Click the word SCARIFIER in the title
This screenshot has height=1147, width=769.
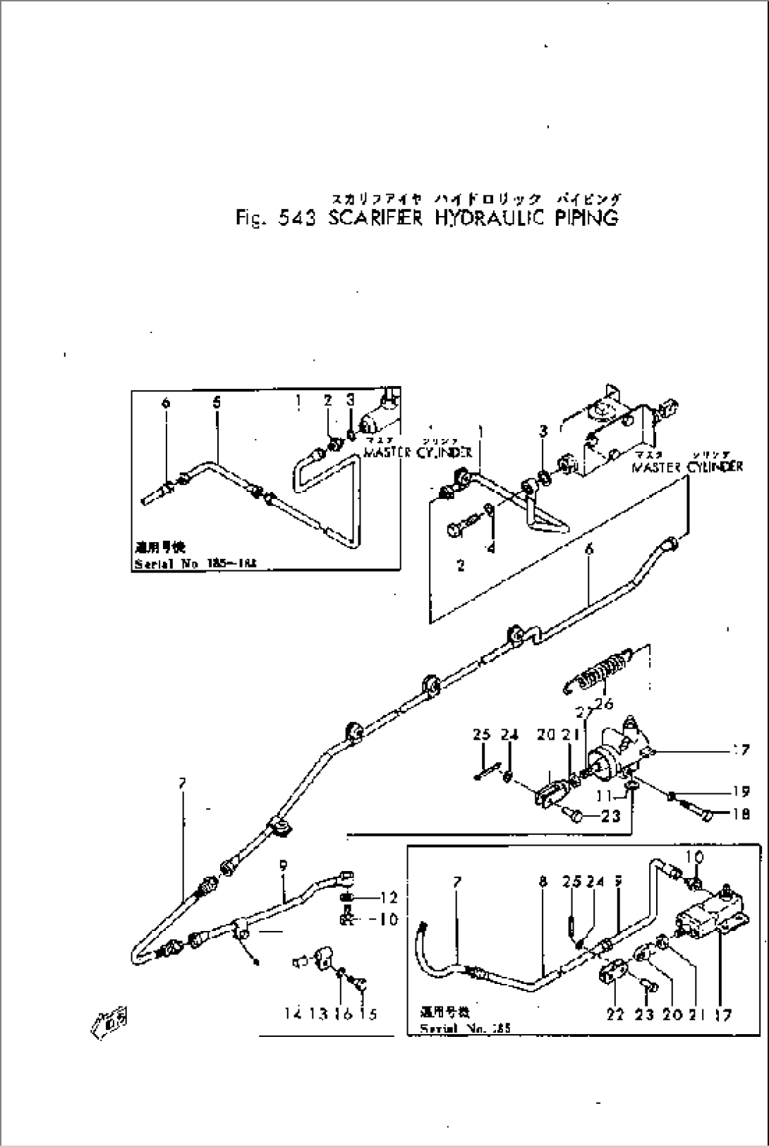point(375,218)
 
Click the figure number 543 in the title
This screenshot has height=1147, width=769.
point(302,218)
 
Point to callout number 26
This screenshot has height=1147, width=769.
point(605,703)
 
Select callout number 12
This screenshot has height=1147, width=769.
point(389,898)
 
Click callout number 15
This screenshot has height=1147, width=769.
point(368,1014)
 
